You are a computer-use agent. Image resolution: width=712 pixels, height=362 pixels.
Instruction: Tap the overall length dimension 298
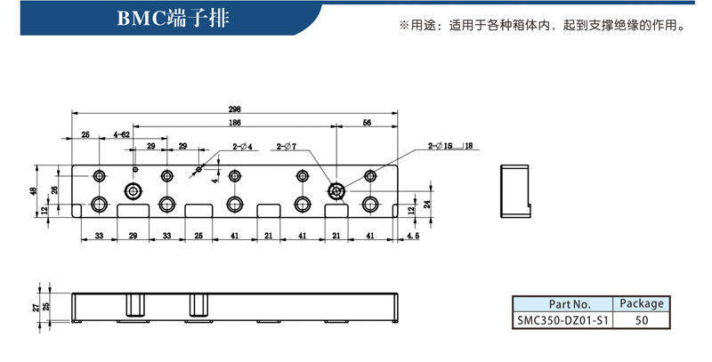235,109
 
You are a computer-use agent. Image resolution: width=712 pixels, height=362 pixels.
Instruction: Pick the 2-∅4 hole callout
243,146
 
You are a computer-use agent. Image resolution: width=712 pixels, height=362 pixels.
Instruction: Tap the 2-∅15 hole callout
441,145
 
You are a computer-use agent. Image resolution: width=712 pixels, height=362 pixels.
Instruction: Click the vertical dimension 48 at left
34,190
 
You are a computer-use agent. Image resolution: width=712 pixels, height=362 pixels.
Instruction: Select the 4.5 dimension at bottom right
413,237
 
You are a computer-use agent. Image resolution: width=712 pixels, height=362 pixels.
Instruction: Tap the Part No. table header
564,303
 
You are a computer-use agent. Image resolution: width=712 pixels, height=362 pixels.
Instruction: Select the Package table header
641,303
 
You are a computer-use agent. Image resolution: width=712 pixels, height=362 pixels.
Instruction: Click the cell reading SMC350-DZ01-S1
564,319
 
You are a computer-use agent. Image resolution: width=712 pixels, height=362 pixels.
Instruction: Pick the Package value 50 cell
641,319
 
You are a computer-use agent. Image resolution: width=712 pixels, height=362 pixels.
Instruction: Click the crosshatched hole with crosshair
336,191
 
